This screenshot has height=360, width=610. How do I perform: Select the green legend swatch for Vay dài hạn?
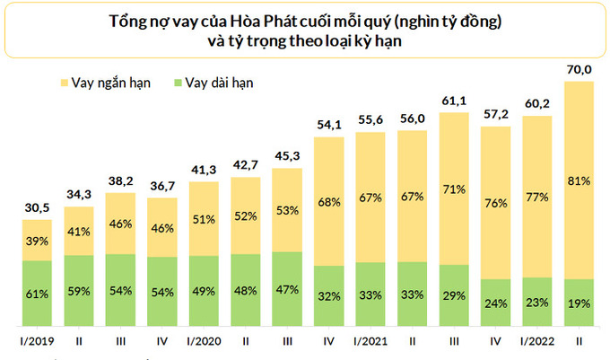[178, 83]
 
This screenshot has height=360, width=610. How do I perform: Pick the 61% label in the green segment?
[36, 292]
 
